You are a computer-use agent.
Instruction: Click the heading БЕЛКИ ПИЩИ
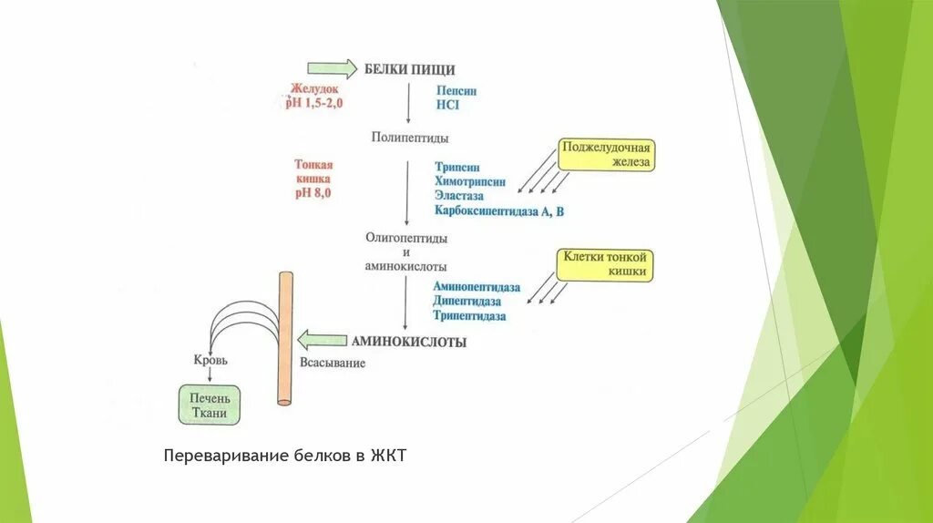point(409,69)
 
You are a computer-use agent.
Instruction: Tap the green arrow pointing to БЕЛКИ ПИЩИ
point(332,68)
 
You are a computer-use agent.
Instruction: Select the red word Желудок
point(314,89)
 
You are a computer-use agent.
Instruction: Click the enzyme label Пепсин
point(456,91)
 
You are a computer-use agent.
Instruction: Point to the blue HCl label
point(447,105)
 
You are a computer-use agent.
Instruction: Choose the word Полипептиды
point(409,137)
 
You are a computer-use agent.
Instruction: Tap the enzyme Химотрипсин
point(470,181)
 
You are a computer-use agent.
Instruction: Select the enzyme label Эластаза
point(459,196)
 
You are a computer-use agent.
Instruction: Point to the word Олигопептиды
point(406,237)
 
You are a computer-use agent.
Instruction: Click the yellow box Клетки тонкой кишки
point(604,264)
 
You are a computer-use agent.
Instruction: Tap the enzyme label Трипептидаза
point(470,315)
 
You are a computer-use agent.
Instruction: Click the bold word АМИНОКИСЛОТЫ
point(409,342)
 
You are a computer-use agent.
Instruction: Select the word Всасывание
point(333,363)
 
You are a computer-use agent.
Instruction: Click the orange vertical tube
point(285,337)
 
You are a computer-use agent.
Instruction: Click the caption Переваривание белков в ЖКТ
point(283,455)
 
